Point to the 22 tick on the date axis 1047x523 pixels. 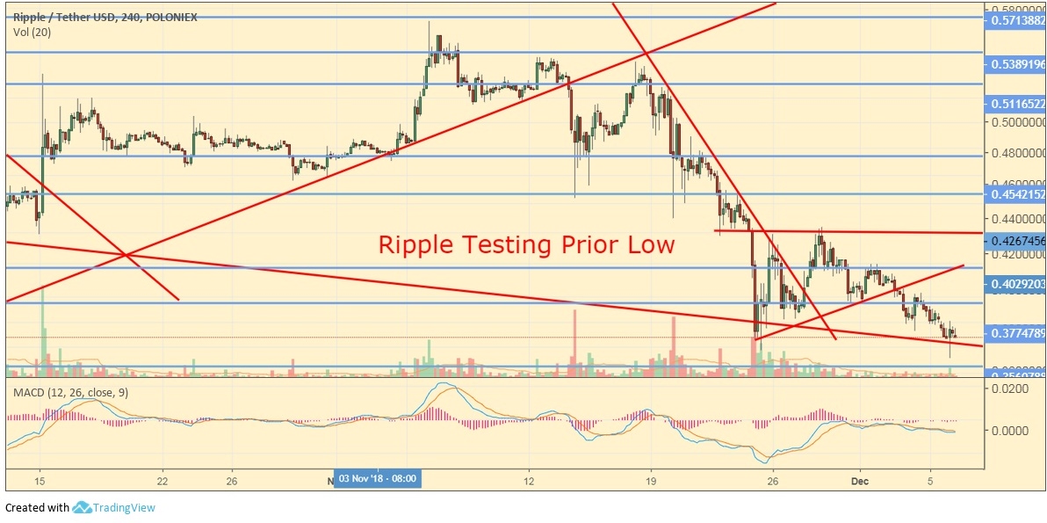(162, 481)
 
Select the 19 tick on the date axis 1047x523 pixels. (651, 481)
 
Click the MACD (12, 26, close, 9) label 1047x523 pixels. (71, 392)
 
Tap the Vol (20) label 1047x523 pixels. (32, 32)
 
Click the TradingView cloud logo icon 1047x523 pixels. (82, 507)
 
